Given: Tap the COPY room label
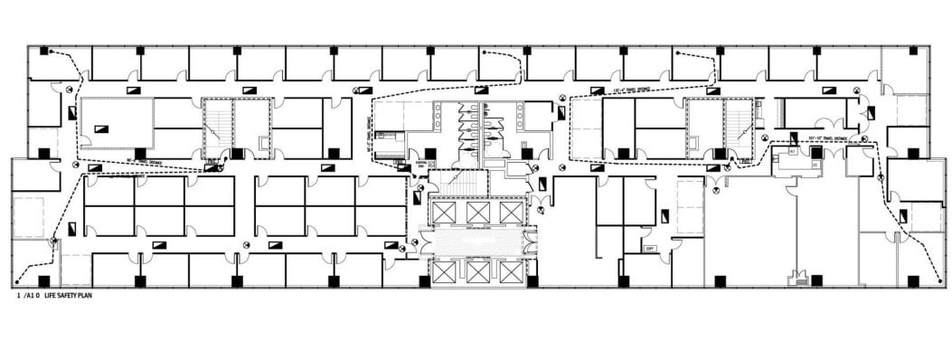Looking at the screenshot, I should click(649, 248).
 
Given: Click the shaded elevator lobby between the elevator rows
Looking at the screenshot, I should click(476, 242).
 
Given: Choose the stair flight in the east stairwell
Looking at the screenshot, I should click(740, 128).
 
